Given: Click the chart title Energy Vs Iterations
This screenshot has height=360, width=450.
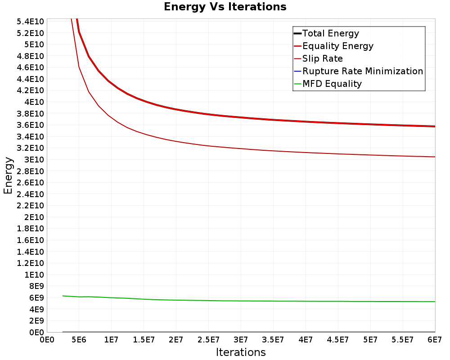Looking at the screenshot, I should (x=225, y=7).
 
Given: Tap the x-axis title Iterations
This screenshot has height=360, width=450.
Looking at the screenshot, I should (x=241, y=352).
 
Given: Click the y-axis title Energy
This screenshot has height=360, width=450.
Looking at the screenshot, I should (x=8, y=175).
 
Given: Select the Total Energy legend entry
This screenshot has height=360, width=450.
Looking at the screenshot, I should (x=331, y=33).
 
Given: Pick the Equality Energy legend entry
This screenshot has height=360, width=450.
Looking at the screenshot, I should (x=338, y=46).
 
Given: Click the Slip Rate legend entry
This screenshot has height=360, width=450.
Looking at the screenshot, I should (x=323, y=58).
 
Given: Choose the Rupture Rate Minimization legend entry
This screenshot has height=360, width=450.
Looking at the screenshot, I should (x=363, y=71).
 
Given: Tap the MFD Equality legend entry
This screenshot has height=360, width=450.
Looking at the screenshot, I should (x=332, y=84).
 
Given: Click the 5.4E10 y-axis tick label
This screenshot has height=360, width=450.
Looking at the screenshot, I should (x=31, y=22).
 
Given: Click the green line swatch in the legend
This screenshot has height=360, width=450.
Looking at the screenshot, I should (x=297, y=84).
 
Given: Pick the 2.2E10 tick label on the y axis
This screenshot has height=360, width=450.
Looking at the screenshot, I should (x=31, y=206).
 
